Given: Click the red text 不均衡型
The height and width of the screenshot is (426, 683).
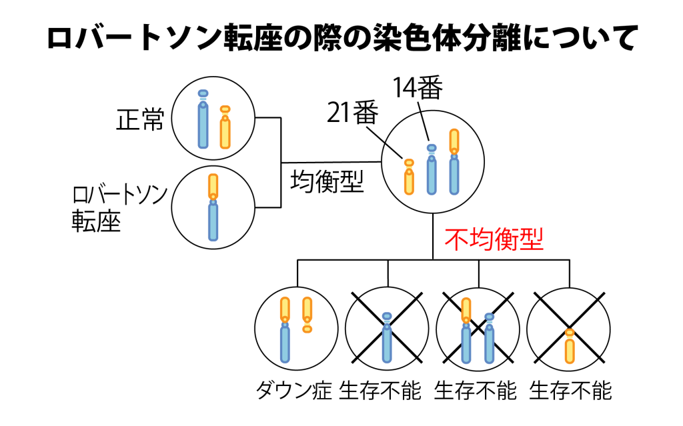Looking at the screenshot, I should coord(494,239).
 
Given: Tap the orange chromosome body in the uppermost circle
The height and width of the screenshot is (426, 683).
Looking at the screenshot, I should coord(225,133).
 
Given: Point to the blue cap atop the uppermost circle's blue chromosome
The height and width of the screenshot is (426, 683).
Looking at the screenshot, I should coord(203,93).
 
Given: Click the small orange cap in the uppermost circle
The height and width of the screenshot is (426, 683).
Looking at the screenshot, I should coord(225,109).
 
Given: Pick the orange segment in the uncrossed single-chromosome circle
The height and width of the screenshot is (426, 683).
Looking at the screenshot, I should coord(213,185).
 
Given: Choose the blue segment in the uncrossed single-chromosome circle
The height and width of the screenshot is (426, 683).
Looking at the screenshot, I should coord(213,221).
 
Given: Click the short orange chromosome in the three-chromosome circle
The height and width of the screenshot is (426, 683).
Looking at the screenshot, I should coord(409,181).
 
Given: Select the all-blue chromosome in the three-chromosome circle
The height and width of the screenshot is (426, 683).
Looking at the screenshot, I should coord(432,176).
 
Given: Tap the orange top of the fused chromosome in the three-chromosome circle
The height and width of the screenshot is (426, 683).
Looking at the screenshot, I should coord(454,140).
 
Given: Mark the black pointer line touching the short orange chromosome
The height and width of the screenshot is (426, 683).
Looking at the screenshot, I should coord(394,151).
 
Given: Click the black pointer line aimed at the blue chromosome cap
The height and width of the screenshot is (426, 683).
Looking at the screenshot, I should coord(425,127).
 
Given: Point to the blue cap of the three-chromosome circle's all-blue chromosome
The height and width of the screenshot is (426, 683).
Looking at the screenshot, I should coord(432,148).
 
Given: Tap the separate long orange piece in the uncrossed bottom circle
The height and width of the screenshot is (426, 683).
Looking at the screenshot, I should coord(307,308).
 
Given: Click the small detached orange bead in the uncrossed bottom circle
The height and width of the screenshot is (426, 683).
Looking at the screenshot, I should coord(307,329).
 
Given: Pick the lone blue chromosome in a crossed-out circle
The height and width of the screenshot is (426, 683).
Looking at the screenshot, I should coord(387,343).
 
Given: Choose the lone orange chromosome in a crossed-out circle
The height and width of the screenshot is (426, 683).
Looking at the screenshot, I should coord(570,351).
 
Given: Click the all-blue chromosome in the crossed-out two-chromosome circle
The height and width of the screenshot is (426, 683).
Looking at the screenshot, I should coord(490,343).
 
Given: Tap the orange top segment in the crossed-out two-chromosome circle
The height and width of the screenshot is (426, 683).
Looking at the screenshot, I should coord(466,309).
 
